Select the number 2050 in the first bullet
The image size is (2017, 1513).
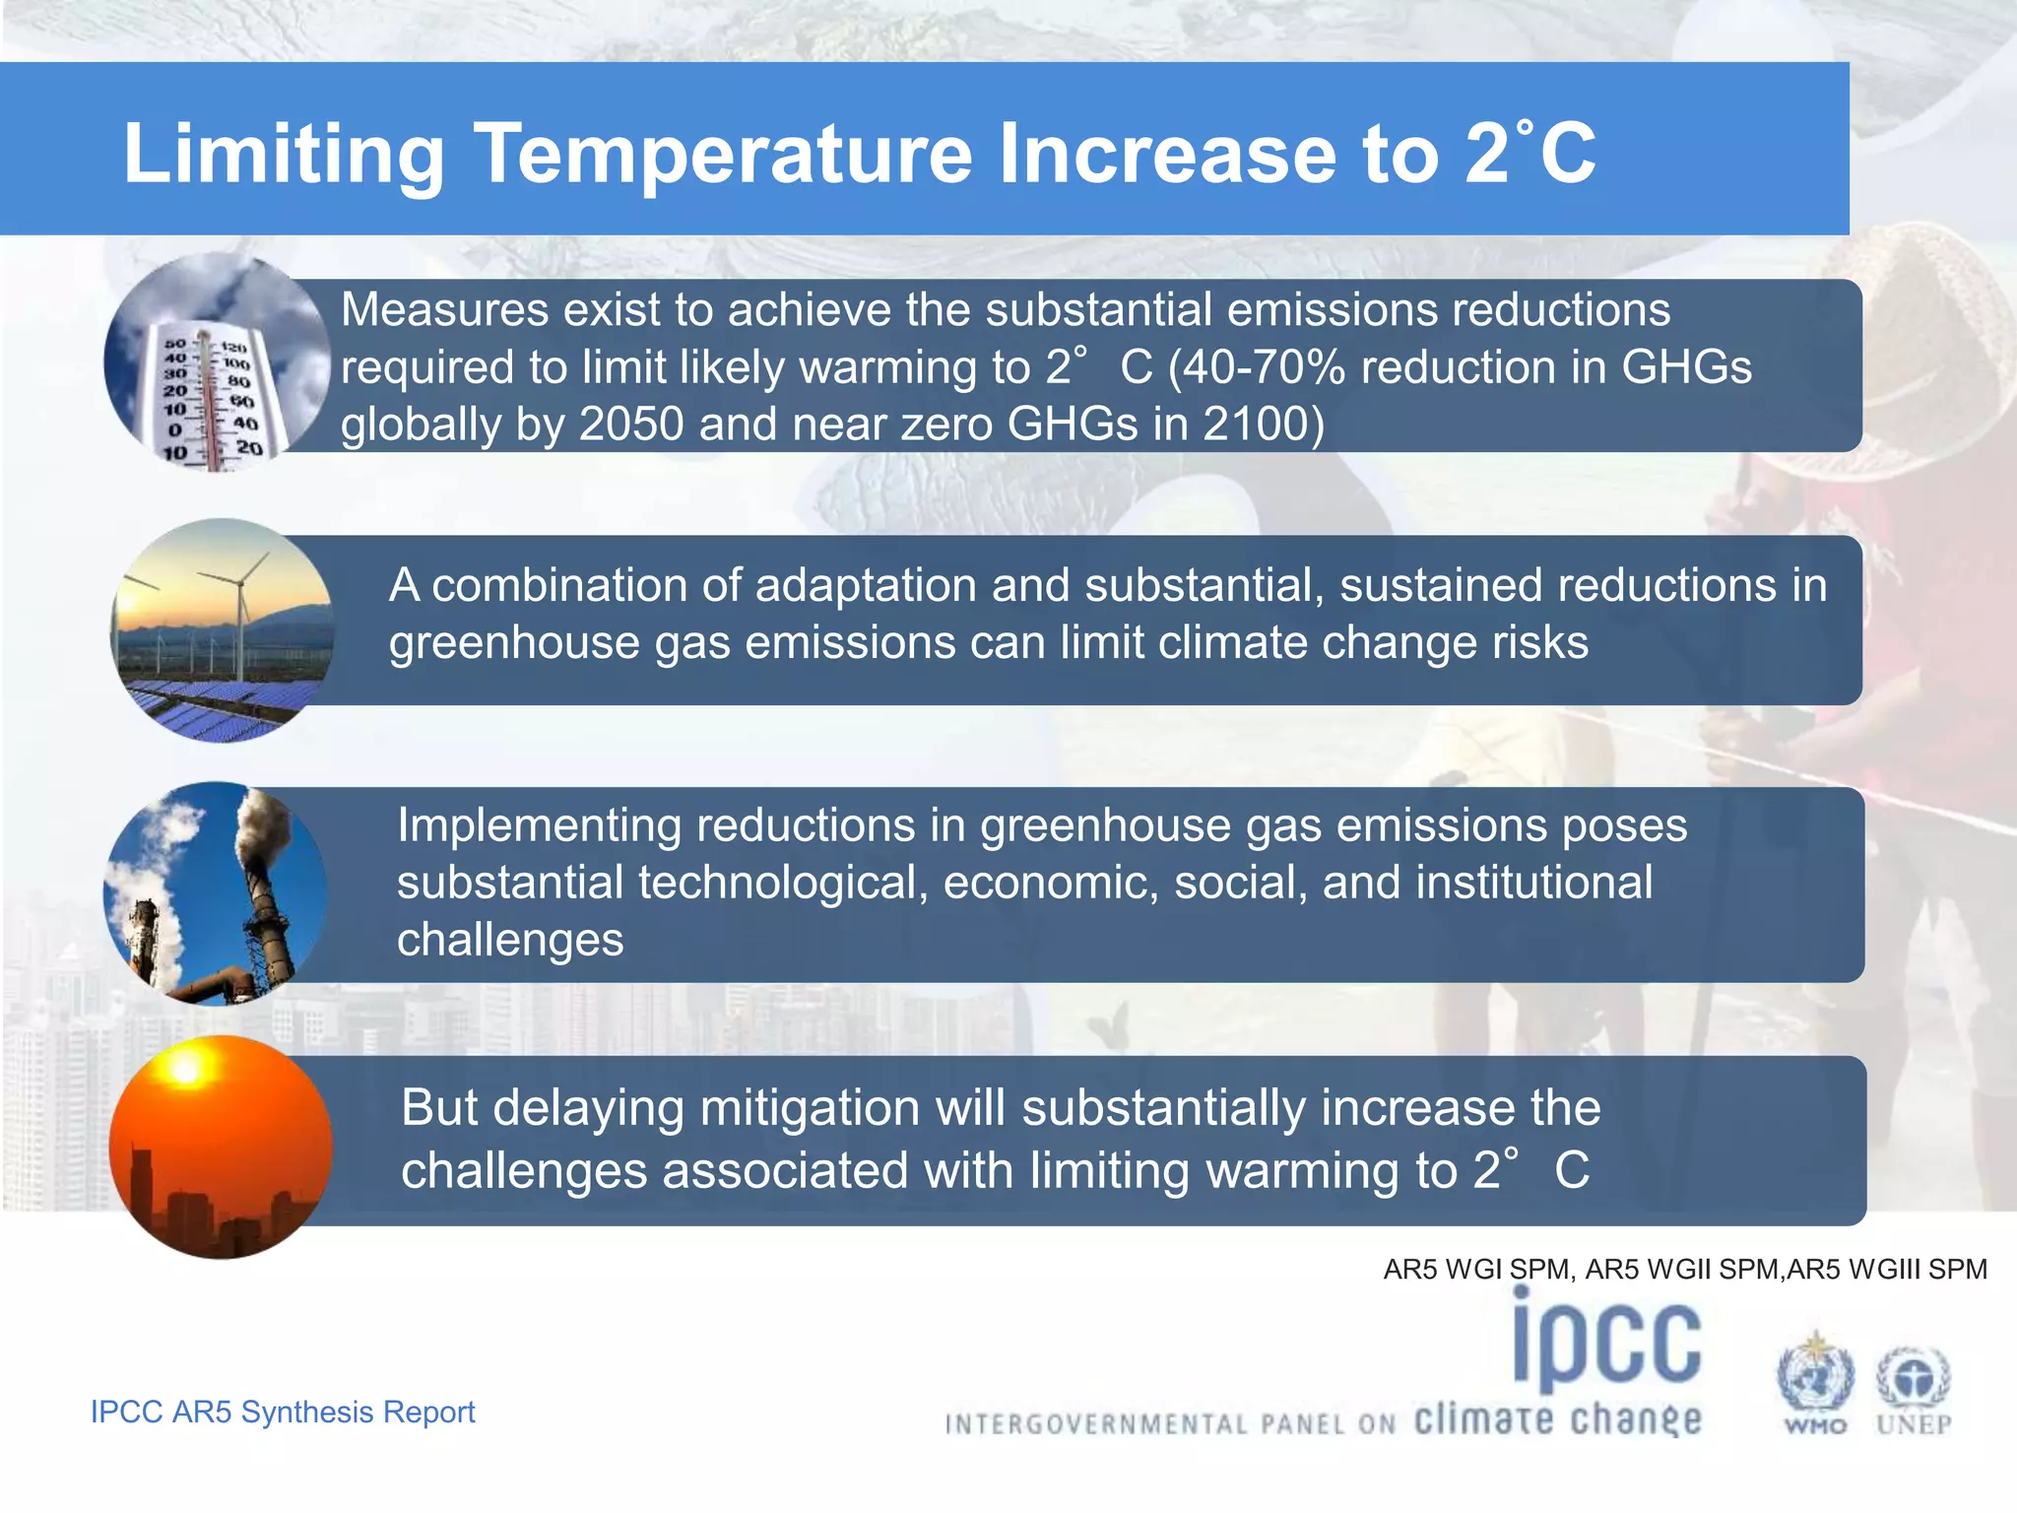pyautogui.click(x=630, y=425)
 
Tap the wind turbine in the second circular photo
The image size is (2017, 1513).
pyautogui.click(x=236, y=601)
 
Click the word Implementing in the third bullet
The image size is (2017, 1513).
pyautogui.click(x=539, y=824)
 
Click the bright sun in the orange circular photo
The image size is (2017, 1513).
pyautogui.click(x=185, y=1069)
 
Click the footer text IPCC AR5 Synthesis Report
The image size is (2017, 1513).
pyautogui.click(x=283, y=1412)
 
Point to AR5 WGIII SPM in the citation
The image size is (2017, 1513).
pyautogui.click(x=1887, y=1269)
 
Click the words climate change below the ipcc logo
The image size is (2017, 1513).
pyautogui.click(x=1558, y=1419)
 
